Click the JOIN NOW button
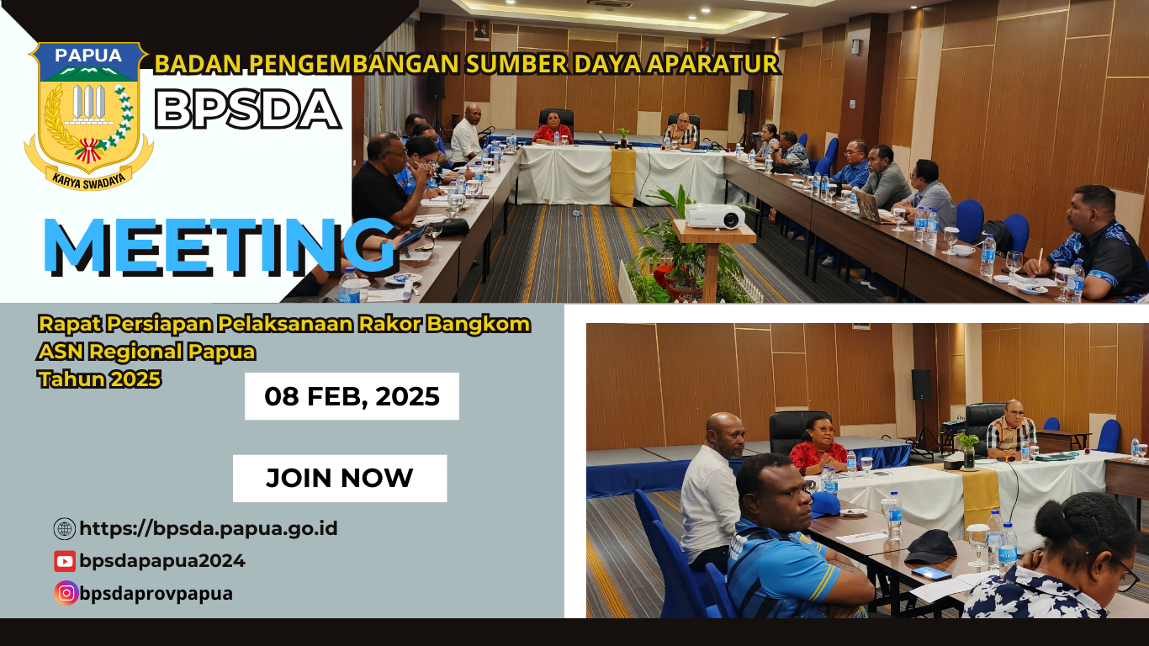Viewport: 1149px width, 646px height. (340, 479)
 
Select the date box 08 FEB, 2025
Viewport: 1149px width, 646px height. (352, 396)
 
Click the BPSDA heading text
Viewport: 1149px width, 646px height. (248, 109)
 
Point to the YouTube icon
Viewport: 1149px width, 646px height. (65, 561)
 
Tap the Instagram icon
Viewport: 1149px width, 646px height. (66, 593)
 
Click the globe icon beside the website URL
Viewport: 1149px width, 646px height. (65, 529)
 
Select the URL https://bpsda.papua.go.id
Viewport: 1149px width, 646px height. (209, 529)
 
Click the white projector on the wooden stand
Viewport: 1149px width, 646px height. (714, 216)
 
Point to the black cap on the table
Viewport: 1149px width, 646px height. (931, 546)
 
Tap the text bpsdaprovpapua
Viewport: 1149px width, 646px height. (156, 593)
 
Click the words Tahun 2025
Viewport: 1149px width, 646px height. (99, 379)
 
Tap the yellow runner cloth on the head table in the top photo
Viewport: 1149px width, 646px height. (622, 177)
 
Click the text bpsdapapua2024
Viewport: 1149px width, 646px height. (162, 561)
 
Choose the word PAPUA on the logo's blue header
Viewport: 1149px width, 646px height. (88, 56)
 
